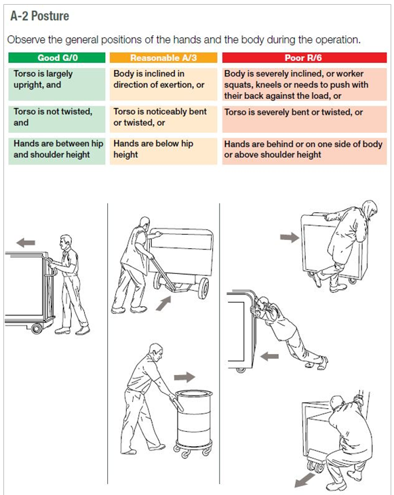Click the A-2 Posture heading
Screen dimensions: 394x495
coord(39,16)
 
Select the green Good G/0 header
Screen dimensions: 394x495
coord(57,58)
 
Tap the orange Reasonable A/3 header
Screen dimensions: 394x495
coord(163,58)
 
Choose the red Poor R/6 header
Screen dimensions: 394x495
coord(304,58)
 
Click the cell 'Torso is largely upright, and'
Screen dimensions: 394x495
coord(57,84)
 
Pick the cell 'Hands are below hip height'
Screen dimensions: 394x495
coord(163,151)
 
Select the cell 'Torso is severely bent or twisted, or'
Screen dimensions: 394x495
coord(304,119)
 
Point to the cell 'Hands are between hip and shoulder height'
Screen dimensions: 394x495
coord(57,151)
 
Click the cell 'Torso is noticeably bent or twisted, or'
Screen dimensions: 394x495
coord(163,119)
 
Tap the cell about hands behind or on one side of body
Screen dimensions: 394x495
coord(304,151)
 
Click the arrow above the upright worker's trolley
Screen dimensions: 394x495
coord(26,243)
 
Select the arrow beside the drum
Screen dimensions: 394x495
coord(184,377)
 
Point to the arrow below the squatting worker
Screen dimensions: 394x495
coord(304,480)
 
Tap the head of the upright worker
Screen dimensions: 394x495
coord(65,243)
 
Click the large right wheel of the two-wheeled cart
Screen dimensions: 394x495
coord(203,288)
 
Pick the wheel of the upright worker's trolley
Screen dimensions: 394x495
coord(37,328)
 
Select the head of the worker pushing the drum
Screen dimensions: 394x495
coord(157,351)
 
